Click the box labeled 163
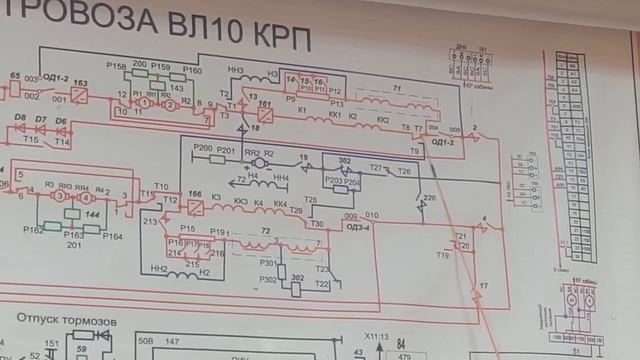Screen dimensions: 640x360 (80, 98)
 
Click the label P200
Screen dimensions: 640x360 (203, 148)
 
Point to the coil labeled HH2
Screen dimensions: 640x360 (159, 269)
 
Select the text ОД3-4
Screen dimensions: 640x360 (360, 227)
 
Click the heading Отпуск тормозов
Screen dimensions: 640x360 (67, 321)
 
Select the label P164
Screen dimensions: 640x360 (112, 236)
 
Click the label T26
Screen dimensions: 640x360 (404, 172)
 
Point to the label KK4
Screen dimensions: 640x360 (280, 203)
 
